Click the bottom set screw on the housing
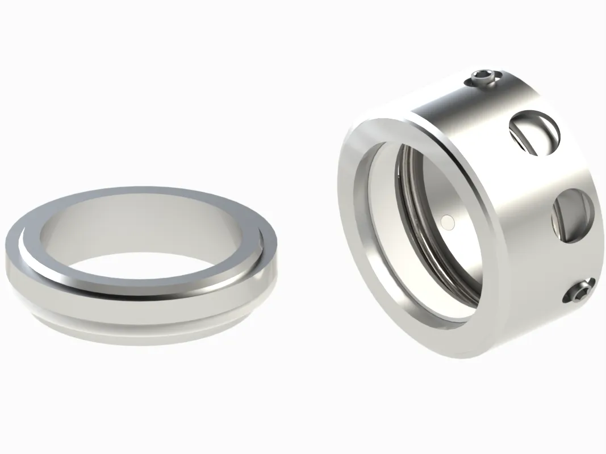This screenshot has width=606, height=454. click(x=578, y=291)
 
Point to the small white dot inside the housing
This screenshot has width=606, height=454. click(x=448, y=222)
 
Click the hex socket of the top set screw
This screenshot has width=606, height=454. click(x=483, y=76)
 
